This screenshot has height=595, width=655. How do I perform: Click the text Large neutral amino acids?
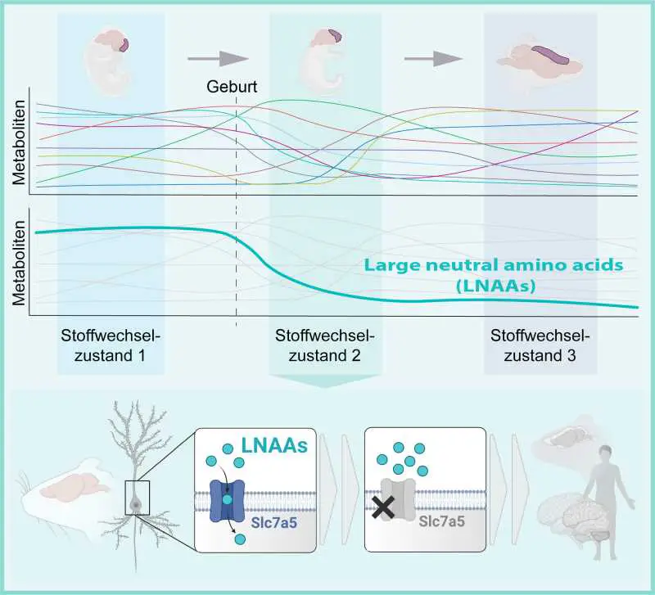(x=493, y=265)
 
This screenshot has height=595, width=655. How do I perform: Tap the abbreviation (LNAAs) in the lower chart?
(x=493, y=286)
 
